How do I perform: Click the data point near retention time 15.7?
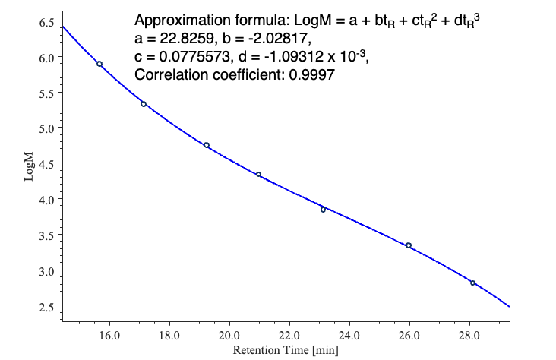[x=100, y=64]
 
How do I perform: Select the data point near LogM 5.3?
[x=144, y=104]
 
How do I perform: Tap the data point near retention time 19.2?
[x=207, y=145]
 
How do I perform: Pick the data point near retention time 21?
[x=258, y=175]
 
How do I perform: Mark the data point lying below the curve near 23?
[x=323, y=210]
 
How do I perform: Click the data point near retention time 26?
[x=409, y=245]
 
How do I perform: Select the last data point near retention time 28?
[x=472, y=283]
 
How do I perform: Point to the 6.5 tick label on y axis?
[x=46, y=22]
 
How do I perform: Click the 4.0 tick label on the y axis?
[x=46, y=200]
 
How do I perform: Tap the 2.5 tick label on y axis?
[x=46, y=307]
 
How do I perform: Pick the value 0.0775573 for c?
[x=191, y=56]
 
